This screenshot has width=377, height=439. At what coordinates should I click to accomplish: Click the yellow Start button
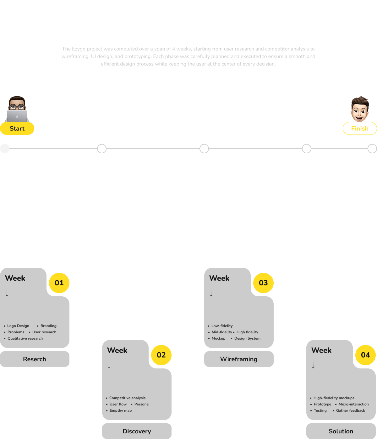(17, 129)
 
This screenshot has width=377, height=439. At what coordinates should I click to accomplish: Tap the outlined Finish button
(360, 129)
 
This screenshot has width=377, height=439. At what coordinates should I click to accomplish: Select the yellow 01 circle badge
(59, 283)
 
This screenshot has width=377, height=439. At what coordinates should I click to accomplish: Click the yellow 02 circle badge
(161, 355)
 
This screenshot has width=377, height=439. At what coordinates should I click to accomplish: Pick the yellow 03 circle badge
(263, 283)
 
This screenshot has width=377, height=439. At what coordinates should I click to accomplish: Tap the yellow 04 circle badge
(365, 355)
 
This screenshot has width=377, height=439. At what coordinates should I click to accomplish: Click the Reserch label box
(35, 359)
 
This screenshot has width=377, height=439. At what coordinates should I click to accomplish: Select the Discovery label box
(137, 431)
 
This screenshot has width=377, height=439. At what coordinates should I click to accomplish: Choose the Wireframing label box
(239, 359)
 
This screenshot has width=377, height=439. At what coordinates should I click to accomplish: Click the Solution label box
(341, 431)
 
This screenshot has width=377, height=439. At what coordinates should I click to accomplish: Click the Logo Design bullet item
(18, 326)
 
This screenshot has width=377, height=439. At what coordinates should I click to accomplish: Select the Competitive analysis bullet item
(127, 398)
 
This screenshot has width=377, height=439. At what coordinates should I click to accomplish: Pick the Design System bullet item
(247, 338)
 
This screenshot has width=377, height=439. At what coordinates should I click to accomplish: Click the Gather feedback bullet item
(350, 410)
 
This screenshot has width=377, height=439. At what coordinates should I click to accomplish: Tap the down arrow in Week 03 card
(211, 293)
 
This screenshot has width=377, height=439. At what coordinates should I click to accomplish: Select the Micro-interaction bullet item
(353, 404)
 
